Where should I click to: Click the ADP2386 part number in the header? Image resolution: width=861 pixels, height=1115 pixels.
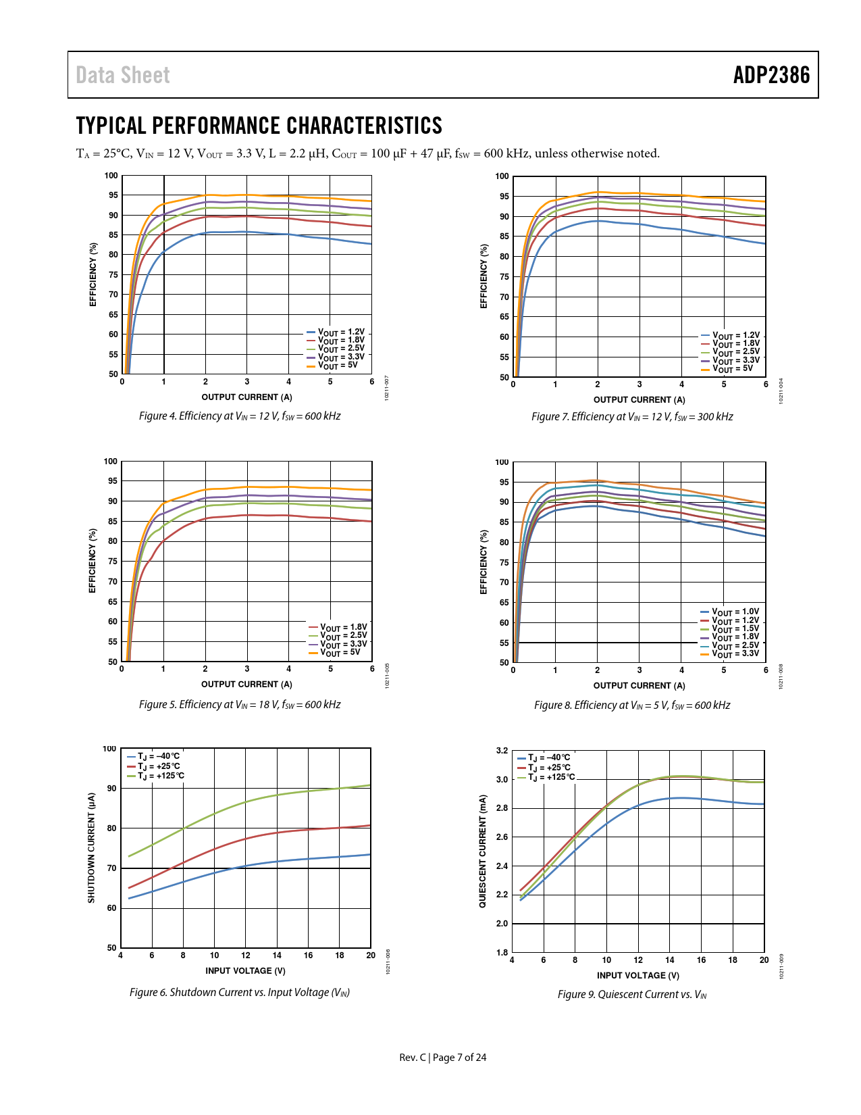click(771, 75)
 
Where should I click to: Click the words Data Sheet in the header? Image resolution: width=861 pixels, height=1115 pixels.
click(123, 75)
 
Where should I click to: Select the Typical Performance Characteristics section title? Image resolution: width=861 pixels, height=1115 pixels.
click(259, 126)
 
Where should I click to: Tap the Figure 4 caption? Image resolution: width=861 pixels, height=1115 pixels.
click(240, 416)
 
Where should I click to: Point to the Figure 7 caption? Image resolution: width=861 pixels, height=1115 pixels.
click(632, 417)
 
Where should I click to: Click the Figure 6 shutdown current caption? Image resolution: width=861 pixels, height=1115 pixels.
click(240, 993)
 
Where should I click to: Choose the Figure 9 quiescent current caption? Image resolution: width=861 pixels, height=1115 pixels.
click(632, 995)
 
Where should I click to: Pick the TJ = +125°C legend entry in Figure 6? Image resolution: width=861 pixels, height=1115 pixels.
click(159, 776)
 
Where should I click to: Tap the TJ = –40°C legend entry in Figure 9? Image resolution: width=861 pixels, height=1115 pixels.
click(548, 758)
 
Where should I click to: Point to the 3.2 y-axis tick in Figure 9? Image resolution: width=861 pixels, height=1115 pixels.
click(502, 751)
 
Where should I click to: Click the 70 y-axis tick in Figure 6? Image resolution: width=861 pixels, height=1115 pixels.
click(112, 868)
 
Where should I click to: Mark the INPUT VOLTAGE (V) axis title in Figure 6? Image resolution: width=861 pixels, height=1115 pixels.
click(245, 971)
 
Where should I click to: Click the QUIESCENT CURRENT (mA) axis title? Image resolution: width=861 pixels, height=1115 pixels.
click(483, 851)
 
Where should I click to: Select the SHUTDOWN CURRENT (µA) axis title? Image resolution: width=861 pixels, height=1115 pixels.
click(91, 848)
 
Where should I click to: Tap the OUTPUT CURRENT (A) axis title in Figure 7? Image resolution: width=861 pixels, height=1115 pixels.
click(639, 400)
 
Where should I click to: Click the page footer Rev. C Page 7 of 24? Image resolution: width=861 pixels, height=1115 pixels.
click(442, 1058)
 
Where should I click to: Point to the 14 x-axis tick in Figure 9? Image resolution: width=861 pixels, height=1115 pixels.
click(669, 960)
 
